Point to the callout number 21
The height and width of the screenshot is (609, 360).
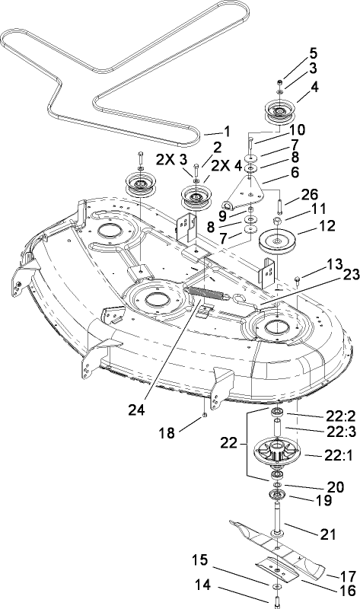pyautogui.click(x=327, y=535)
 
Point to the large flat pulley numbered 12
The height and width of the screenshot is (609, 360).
pyautogui.click(x=281, y=244)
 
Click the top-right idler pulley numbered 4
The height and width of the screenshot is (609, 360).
pyautogui.click(x=281, y=113)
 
